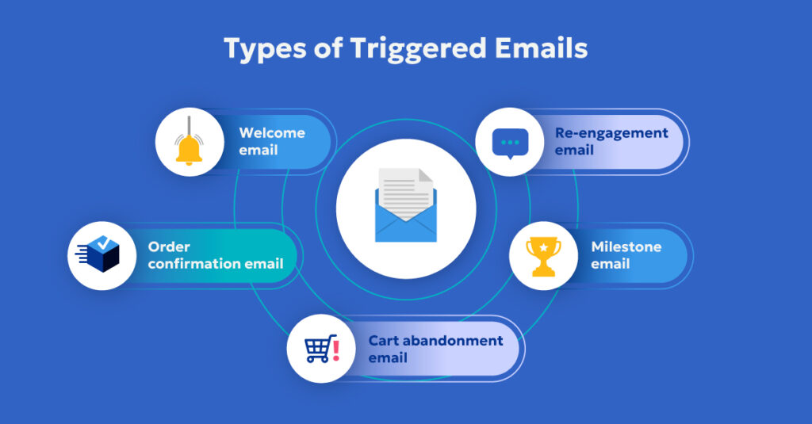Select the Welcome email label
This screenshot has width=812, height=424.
[x=272, y=141]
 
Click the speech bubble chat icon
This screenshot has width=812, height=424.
[x=510, y=143]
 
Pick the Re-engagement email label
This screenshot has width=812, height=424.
[x=611, y=141]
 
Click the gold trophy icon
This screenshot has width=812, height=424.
[x=543, y=256]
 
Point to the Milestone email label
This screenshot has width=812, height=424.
[x=626, y=255]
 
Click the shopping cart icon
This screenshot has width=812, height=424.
[x=319, y=348]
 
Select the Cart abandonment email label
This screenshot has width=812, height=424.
[x=435, y=349]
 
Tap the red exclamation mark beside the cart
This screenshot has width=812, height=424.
[x=336, y=349]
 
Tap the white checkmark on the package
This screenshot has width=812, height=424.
[x=105, y=244]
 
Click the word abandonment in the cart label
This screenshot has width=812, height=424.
[x=454, y=341]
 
